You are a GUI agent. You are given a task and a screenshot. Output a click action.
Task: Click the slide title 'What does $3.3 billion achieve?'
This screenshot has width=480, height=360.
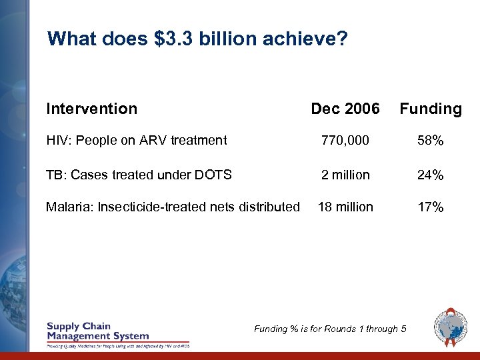197,39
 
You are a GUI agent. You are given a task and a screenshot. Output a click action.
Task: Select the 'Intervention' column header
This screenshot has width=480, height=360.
91,109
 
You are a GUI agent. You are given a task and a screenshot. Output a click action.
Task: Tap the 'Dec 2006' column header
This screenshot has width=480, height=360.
345,109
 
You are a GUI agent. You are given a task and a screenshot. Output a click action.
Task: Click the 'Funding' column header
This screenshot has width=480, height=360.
430,109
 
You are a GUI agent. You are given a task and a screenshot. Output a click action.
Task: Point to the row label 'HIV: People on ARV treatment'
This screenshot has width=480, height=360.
136,140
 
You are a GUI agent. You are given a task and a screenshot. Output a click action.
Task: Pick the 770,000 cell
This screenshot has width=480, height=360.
345,141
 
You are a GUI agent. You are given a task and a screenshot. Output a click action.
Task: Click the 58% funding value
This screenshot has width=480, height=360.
430,141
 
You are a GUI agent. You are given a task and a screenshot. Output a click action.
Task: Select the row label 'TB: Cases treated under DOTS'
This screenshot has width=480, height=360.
139,175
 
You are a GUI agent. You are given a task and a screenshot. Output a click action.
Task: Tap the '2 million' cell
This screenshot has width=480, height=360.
345,175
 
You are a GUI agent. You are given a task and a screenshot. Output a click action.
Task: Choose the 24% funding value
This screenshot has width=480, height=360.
430,175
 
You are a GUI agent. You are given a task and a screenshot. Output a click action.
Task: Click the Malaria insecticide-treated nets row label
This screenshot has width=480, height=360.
173,207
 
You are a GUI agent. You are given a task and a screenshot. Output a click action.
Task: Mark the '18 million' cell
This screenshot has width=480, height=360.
345,207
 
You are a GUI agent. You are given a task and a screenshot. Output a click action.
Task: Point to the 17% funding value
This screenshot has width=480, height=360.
430,207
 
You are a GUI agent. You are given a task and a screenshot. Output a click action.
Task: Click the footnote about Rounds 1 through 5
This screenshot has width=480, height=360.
330,328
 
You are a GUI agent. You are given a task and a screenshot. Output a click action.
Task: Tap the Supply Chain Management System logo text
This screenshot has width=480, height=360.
97,331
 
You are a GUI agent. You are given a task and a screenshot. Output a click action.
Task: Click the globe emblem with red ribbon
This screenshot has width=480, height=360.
451,327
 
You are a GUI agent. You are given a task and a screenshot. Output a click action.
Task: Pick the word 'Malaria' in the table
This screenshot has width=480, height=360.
69,207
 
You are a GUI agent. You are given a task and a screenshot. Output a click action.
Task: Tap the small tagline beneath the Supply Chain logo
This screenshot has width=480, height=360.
117,346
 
